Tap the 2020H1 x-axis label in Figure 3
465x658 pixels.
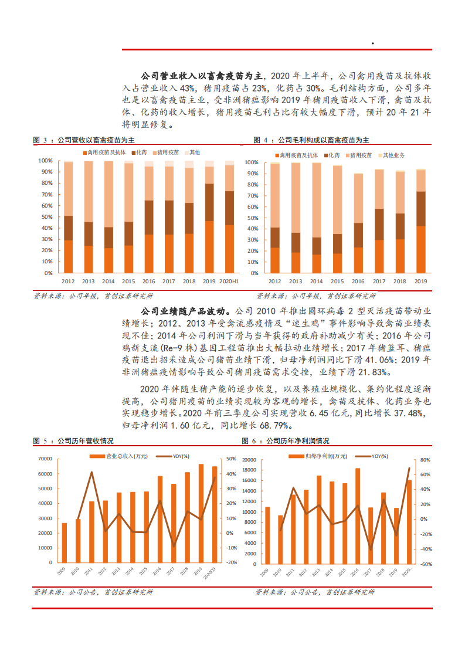[229, 281]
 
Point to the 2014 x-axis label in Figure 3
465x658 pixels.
[108, 281]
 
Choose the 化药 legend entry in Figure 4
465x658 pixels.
[332, 155]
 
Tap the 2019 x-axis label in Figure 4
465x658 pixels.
[420, 281]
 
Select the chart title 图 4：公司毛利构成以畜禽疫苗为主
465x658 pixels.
[311, 140]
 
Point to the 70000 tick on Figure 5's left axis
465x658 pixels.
[44, 459]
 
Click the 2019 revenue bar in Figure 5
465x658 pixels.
[201, 513]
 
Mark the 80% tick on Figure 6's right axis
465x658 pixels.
[426, 460]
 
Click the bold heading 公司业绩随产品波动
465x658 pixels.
[187, 310]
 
